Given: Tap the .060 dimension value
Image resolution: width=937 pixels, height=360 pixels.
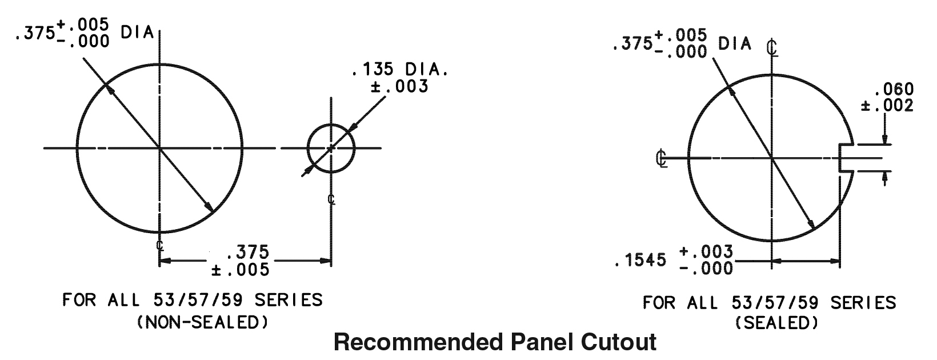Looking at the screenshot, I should [894, 90].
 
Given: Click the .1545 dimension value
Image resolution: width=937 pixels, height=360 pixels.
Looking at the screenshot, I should [640, 261].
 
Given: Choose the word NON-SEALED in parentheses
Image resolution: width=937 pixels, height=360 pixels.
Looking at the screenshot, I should [202, 322].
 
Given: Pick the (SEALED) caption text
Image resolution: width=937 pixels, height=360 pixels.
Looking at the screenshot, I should [776, 323].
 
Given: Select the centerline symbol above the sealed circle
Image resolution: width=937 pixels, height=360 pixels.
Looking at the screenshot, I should [772, 47].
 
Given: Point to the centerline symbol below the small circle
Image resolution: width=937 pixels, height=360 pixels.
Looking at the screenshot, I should [331, 199].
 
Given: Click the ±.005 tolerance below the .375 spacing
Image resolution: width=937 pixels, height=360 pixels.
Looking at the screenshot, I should [240, 269].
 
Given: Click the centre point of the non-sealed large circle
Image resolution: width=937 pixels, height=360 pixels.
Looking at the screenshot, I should [159, 149].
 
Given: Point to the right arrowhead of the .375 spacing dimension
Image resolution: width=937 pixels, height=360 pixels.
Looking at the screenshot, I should [326, 261].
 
